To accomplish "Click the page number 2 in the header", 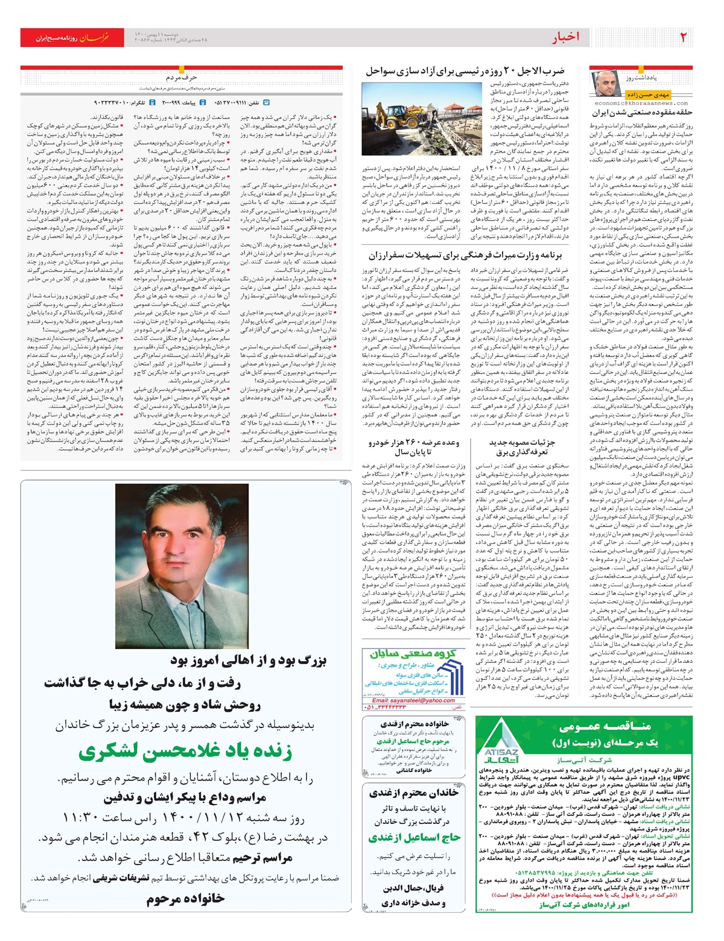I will [x=683, y=37].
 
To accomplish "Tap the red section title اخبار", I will [x=565, y=37].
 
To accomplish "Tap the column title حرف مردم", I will [x=182, y=78].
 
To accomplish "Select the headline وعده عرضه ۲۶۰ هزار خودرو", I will [x=414, y=447].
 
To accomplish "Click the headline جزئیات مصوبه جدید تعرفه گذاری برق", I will [x=522, y=447].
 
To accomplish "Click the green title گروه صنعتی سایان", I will [x=413, y=654].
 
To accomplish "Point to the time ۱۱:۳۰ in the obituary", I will [x=81, y=819].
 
